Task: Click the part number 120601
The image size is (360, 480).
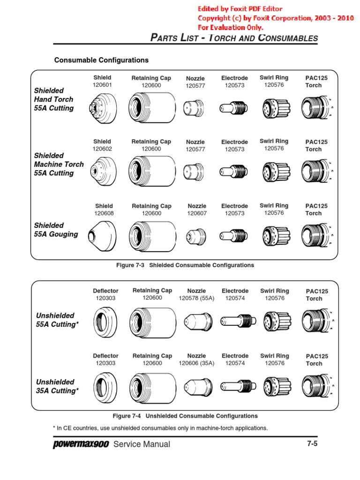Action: (x=102, y=85)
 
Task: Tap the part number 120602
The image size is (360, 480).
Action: (x=102, y=149)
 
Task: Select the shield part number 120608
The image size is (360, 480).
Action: (x=104, y=213)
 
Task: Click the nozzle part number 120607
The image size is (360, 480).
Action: (x=197, y=213)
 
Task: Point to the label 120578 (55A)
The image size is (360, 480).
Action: (x=196, y=298)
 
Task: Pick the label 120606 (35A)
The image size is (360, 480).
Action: (x=196, y=363)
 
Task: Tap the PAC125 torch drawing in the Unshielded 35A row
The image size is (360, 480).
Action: (x=317, y=386)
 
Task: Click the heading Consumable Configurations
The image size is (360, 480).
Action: (x=101, y=60)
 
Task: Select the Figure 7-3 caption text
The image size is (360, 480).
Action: (x=185, y=265)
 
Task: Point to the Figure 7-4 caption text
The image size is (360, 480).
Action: (x=185, y=416)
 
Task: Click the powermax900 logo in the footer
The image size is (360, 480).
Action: (x=80, y=444)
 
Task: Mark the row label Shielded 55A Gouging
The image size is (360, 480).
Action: (x=56, y=230)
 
